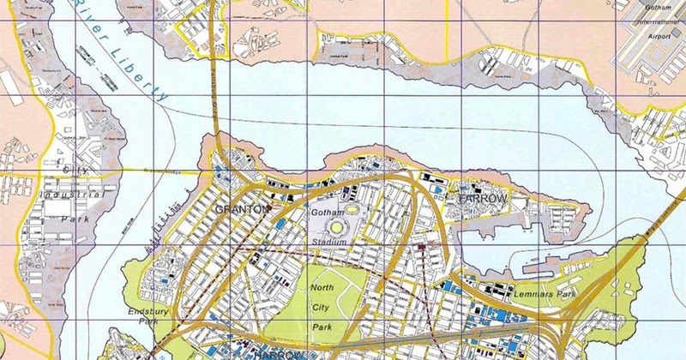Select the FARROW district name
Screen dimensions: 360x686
[485, 199]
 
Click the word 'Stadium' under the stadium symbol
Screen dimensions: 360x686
[331, 243]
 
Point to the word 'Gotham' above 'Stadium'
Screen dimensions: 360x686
[327, 211]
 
